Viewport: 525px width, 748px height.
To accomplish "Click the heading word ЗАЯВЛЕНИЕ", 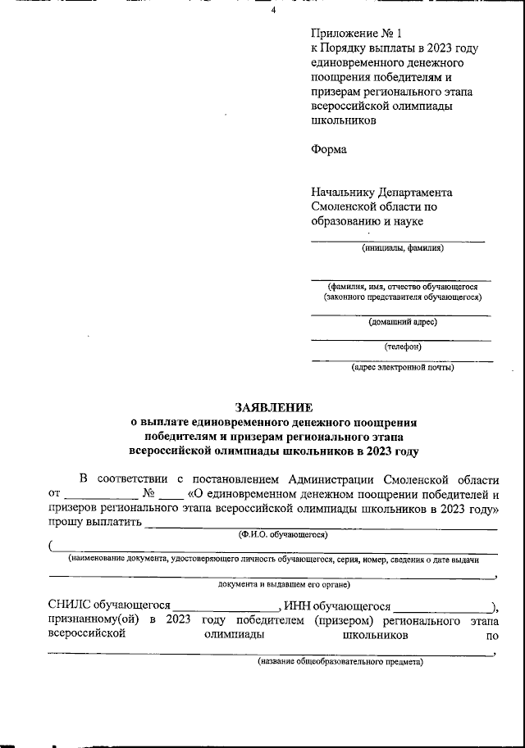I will coord(274,407).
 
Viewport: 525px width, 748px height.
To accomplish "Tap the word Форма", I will coord(329,149).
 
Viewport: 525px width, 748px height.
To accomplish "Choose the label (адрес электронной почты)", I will coord(402,367).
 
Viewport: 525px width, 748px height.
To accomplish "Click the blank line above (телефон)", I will coord(402,338).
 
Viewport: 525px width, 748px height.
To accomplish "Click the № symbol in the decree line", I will coord(148,494).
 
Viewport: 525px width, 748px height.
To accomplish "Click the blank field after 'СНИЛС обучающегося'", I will coord(226,606).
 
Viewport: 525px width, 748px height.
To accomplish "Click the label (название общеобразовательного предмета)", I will coord(340,661).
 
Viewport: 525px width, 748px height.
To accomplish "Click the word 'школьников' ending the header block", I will coord(345,120).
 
